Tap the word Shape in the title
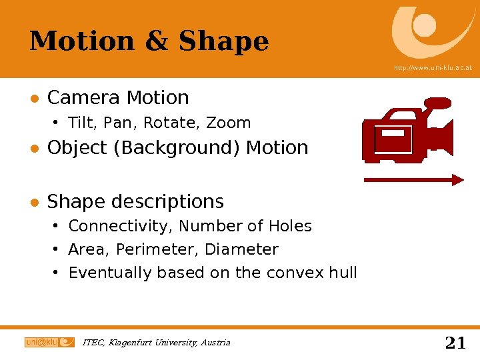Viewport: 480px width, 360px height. coord(224,41)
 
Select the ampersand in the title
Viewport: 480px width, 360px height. coord(156,41)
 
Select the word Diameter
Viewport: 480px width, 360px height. coord(241,250)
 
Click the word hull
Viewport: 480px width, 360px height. coord(343,273)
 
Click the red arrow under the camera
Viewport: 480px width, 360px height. coord(413,179)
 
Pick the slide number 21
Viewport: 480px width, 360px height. coord(455,343)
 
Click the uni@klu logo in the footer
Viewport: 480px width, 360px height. coord(49,342)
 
